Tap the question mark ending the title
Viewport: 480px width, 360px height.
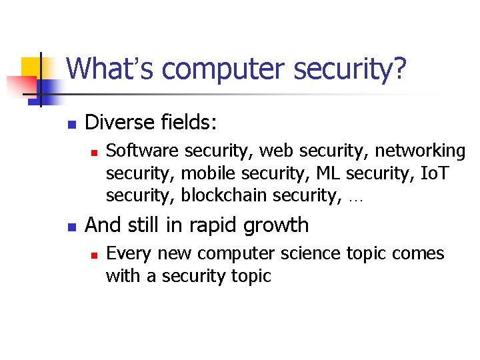[x=399, y=69]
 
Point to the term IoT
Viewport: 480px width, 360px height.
[x=435, y=173]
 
